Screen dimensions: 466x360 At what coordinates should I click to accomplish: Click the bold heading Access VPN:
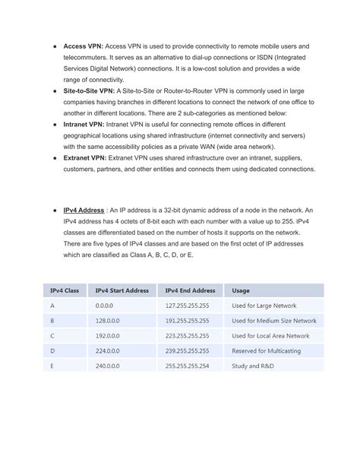click(83, 46)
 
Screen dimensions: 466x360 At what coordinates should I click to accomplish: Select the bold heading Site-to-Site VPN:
click(89, 89)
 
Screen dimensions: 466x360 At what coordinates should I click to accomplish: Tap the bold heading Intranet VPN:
click(84, 122)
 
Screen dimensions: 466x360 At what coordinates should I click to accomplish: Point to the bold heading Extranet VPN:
click(85, 157)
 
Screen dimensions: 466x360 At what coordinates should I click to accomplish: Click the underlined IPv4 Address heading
click(83, 210)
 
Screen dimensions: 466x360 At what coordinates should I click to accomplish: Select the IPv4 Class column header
click(65, 290)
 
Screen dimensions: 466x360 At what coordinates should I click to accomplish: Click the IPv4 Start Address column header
click(122, 290)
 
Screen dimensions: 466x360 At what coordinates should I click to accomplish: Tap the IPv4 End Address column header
click(190, 290)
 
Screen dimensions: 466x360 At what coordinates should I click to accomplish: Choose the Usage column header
click(241, 290)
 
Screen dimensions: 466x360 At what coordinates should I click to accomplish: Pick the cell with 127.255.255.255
click(187, 306)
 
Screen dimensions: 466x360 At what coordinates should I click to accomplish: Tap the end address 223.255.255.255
click(187, 335)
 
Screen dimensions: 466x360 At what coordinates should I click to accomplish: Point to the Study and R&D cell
click(254, 366)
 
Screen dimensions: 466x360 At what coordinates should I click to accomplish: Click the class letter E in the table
click(52, 366)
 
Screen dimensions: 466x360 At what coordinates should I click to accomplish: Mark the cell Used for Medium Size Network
click(274, 321)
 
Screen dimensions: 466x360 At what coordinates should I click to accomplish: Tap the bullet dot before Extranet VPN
click(54, 157)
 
